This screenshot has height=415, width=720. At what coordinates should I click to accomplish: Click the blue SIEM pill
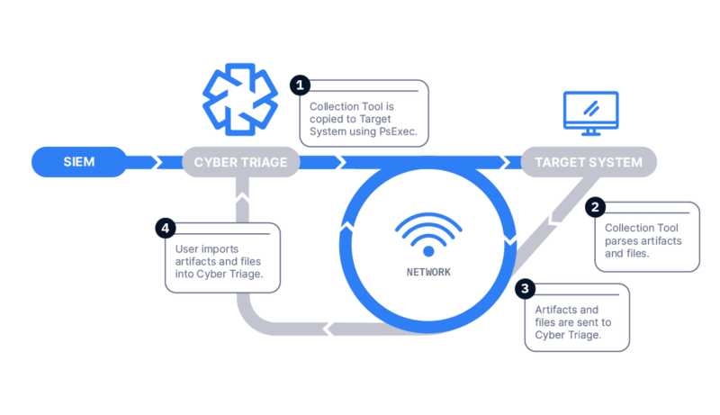[x=79, y=162]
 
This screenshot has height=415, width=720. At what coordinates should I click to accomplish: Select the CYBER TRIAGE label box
[x=241, y=162]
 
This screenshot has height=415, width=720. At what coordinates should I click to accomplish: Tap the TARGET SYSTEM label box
[x=589, y=162]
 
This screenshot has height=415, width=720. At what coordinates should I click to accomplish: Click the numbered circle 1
[x=300, y=86]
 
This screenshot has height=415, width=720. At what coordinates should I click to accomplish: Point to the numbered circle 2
[x=595, y=207]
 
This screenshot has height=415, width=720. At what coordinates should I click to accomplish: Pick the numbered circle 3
[x=525, y=289]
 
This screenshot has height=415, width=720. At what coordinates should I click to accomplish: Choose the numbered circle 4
[x=166, y=228]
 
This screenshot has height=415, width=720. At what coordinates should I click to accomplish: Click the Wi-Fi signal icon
[x=428, y=234]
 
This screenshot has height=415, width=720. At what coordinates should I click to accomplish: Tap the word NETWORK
[x=428, y=272]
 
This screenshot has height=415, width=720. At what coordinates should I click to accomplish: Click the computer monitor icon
[x=591, y=113]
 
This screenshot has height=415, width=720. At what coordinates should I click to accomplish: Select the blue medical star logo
[x=240, y=100]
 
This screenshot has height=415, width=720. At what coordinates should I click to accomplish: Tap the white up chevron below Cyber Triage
[x=242, y=198]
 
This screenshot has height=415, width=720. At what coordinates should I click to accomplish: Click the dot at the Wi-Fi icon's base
[x=428, y=251]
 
